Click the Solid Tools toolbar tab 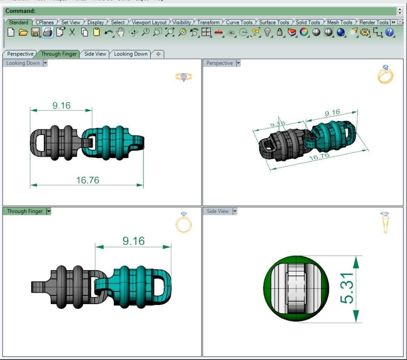click(x=308, y=22)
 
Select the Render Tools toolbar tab click(x=374, y=22)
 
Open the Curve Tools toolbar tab click(x=239, y=22)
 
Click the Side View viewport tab click(x=95, y=54)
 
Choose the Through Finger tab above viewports click(x=59, y=54)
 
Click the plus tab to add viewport click(x=158, y=54)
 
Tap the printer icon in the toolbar click(x=47, y=32)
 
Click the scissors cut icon click(x=72, y=32)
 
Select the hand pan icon click(x=120, y=32)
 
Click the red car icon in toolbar click(x=218, y=32)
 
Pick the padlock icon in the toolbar click(x=279, y=32)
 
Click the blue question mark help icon click(x=390, y=32)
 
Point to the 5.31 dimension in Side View click(x=348, y=288)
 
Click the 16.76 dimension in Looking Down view click(x=88, y=180)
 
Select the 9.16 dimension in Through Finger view click(x=133, y=241)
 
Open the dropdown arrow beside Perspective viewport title click(x=238, y=63)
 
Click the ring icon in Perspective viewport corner click(x=385, y=74)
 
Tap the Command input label click(x=20, y=11)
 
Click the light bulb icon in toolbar click(x=267, y=32)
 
